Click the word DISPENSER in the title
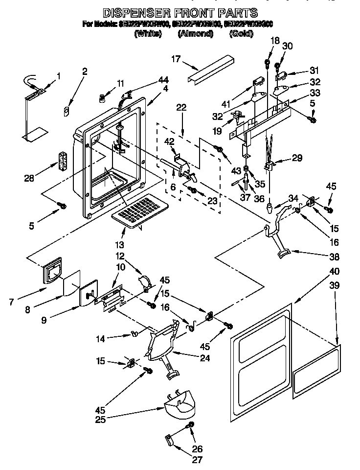[x=135, y=13]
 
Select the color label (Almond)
[x=196, y=34]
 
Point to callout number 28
[x=30, y=177]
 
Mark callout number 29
[x=297, y=158]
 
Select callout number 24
[x=204, y=358]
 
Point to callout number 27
[x=197, y=459]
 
